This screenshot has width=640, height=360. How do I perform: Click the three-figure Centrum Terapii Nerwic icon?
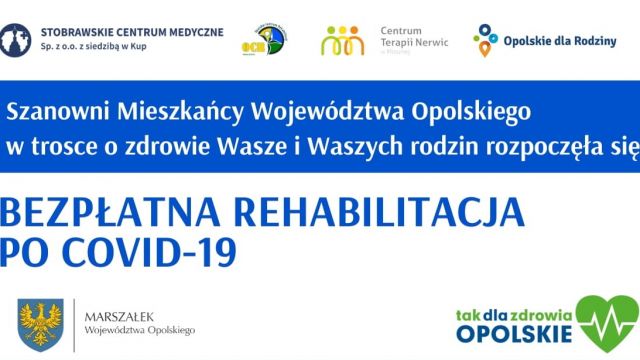(x=342, y=41)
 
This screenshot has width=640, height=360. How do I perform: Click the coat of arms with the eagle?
(x=41, y=322)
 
